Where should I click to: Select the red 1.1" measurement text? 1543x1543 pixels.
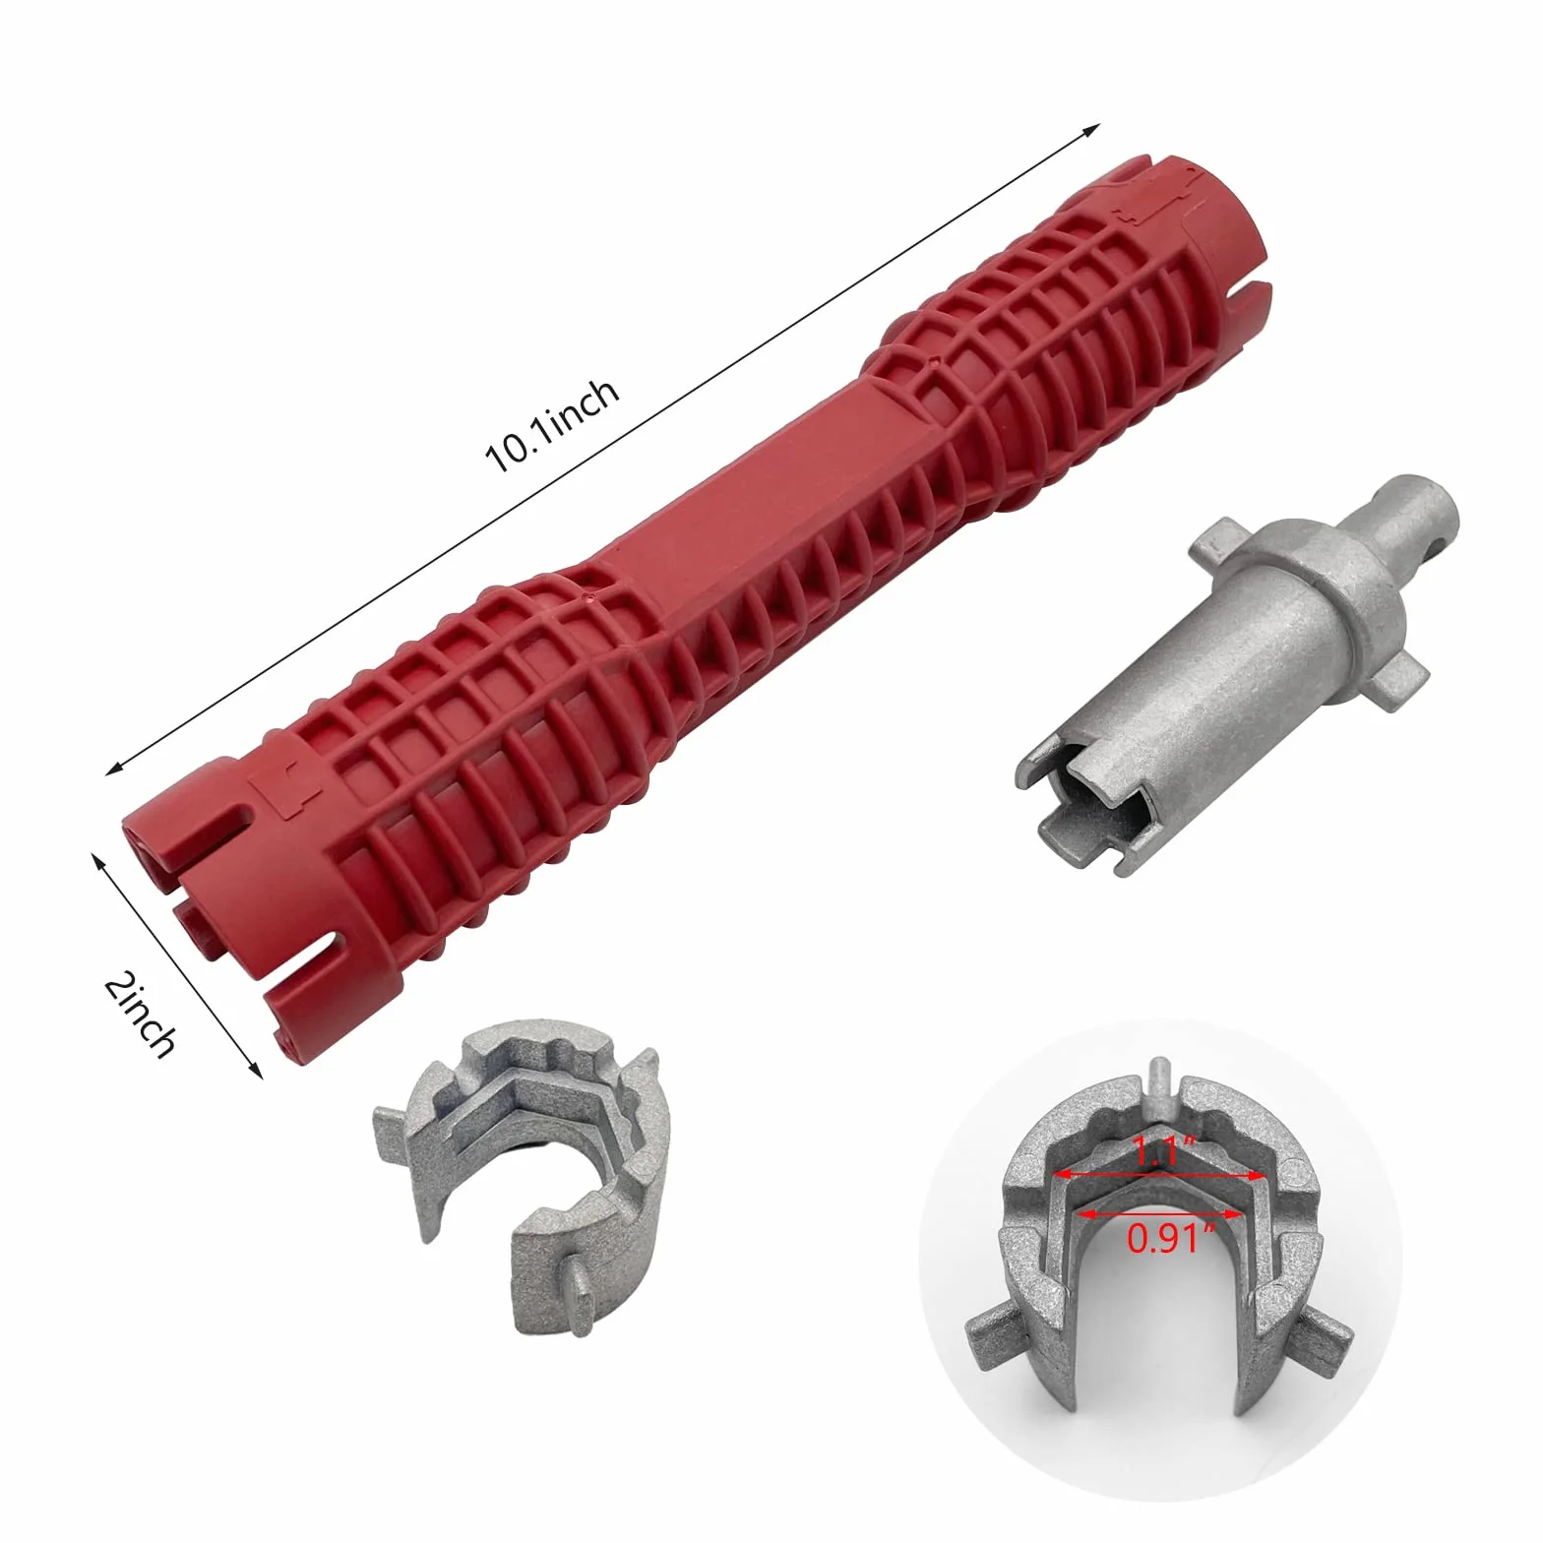click(1155, 1151)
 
